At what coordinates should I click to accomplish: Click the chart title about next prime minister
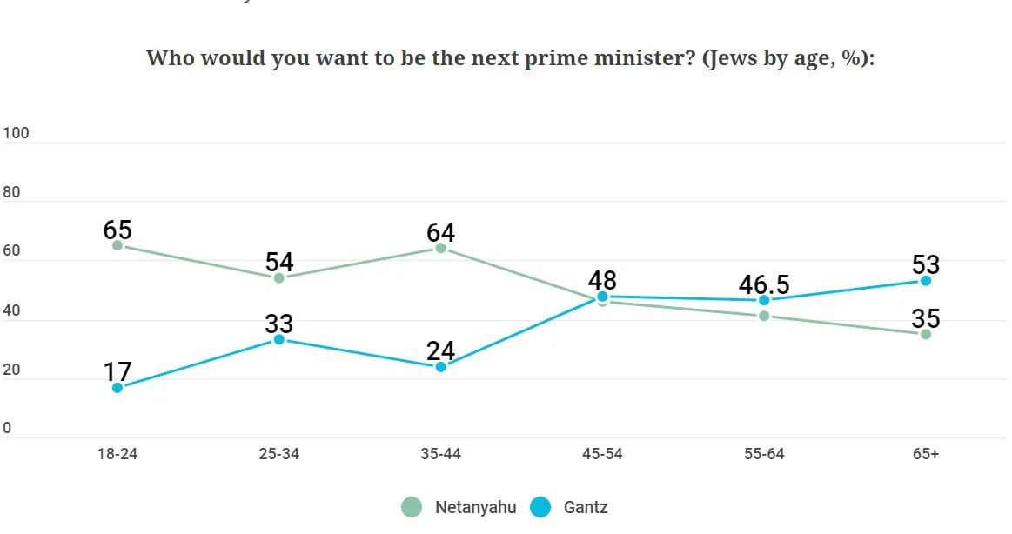pos(510,58)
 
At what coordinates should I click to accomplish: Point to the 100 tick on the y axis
pos(16,133)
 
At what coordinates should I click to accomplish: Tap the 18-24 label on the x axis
pos(117,455)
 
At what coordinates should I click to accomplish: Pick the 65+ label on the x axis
pos(926,455)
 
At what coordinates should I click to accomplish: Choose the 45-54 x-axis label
pos(602,455)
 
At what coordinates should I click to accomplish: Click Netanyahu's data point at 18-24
pos(117,245)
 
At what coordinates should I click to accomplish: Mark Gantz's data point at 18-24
pos(117,388)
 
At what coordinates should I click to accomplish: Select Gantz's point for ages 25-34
pos(279,339)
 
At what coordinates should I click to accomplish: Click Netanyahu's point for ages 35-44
pos(440,248)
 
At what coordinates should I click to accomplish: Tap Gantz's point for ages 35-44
pos(440,367)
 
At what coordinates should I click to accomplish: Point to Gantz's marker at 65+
pos(926,281)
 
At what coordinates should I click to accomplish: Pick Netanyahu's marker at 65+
pos(926,334)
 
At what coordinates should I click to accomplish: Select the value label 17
pos(117,371)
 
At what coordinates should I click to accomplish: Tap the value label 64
pos(440,232)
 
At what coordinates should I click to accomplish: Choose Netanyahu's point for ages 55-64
pos(764,316)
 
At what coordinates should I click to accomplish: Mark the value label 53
pos(926,264)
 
